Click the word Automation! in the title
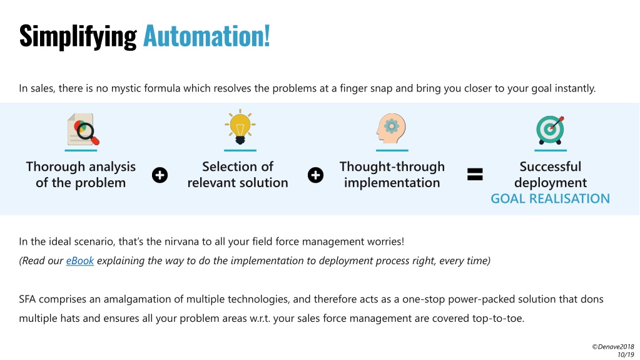(206, 36)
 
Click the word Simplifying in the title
(78, 37)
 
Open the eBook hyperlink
(80, 260)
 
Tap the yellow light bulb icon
(240, 126)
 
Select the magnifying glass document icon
(83, 129)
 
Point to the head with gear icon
(391, 128)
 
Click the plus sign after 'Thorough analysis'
(160, 175)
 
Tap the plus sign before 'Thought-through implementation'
(315, 175)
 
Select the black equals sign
(475, 175)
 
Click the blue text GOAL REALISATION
(550, 198)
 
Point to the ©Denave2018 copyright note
(613, 346)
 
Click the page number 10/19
(626, 355)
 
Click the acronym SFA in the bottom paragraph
(28, 299)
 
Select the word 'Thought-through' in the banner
(392, 167)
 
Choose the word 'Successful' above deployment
(550, 167)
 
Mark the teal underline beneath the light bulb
(240, 150)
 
